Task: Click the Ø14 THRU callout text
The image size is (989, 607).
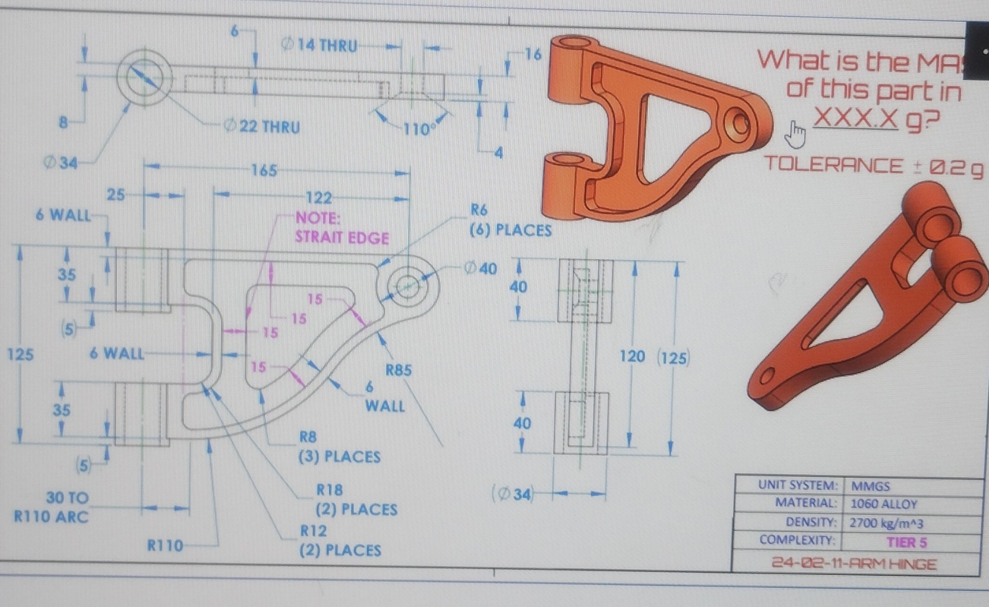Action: [320, 45]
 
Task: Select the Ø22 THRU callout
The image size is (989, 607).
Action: [263, 127]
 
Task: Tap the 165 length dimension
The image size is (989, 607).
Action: [263, 170]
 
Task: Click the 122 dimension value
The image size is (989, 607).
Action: [318, 198]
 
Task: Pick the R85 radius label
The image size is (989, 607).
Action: [398, 370]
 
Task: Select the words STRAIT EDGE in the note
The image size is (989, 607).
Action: [342, 238]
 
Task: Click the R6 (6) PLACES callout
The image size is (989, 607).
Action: [510, 221]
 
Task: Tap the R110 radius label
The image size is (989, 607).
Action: [165, 545]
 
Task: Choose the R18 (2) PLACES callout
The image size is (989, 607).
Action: [356, 500]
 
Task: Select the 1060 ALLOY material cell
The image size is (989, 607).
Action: [883, 504]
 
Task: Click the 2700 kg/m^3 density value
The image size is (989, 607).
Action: [886, 523]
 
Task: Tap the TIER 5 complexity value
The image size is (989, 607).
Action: [906, 542]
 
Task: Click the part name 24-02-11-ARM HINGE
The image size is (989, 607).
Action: [854, 564]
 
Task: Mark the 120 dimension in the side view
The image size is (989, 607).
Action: [632, 356]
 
